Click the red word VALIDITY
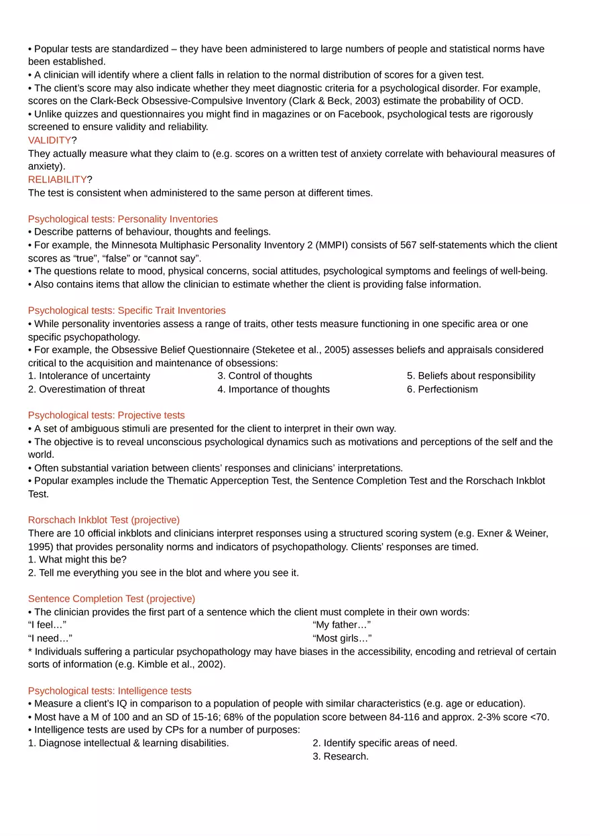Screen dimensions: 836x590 point(49,140)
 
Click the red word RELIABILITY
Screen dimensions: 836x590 point(57,180)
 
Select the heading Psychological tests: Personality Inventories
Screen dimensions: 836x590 point(123,219)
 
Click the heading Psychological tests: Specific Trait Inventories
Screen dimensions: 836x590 point(127,310)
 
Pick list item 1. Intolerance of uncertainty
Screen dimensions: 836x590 point(89,376)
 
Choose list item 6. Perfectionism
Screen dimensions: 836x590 point(442,390)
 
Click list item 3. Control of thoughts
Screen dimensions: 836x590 point(264,376)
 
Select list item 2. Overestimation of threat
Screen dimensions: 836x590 point(86,390)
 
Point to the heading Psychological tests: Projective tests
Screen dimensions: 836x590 point(106,416)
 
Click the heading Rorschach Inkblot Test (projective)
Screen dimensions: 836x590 point(104,520)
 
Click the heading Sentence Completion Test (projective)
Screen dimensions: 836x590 point(111,599)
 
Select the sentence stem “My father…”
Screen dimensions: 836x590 point(341,625)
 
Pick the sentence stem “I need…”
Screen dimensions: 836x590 point(50,639)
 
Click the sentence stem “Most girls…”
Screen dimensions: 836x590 point(342,639)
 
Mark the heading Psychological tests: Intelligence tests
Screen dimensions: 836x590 point(109,691)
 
